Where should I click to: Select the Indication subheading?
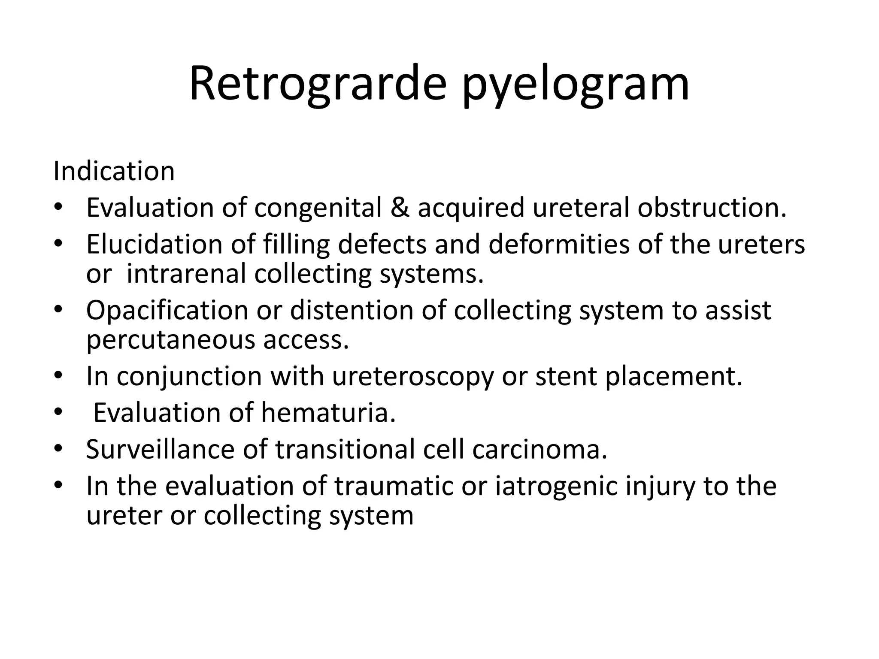pos(114,171)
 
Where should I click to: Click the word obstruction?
pos(712,208)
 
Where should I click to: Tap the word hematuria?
pos(327,413)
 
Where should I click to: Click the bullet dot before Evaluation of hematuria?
pos(58,413)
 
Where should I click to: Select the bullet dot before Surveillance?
pos(58,449)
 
